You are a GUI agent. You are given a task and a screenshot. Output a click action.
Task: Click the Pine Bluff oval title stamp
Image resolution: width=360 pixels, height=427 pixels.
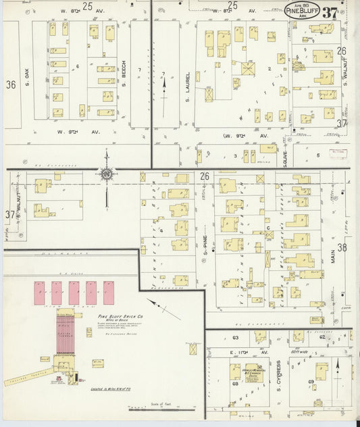pos(302,11)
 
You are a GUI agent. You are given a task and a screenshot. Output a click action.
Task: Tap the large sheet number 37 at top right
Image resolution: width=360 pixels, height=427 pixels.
pos(330,13)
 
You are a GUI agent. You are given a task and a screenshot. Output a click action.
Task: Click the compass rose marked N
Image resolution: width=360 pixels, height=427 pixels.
pos(106,176)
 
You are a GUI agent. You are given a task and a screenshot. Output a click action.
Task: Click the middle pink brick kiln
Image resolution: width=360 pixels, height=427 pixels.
pos(74,293)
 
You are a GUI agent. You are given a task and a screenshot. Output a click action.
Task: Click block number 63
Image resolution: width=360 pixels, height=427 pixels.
pos(235,337)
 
